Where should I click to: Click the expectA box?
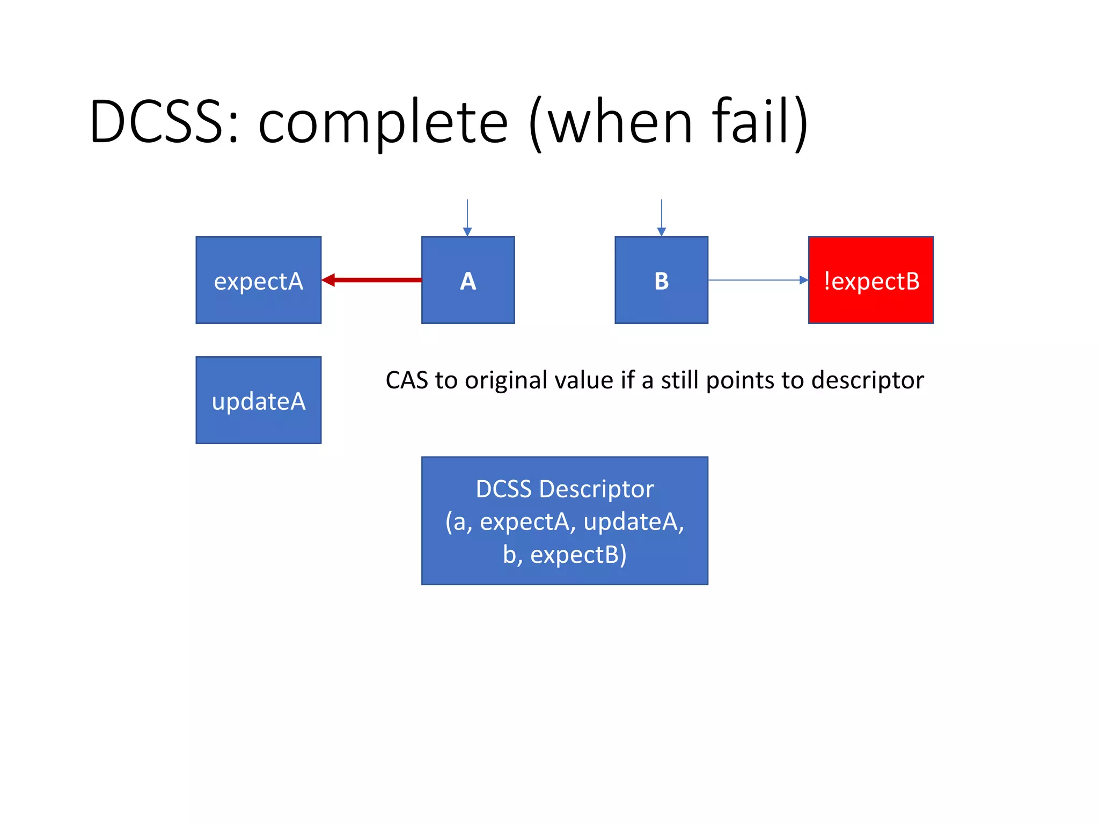click(x=258, y=280)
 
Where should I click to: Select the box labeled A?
click(x=467, y=280)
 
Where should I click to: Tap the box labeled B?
click(x=661, y=280)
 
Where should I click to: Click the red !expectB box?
click(x=870, y=280)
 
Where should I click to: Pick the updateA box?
click(x=258, y=400)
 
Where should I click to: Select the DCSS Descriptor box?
click(x=565, y=520)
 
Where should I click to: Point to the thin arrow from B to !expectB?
click(x=757, y=279)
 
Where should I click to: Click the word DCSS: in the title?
click(x=164, y=122)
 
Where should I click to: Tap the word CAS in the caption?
click(x=407, y=380)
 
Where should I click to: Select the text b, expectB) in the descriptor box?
click(x=565, y=555)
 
